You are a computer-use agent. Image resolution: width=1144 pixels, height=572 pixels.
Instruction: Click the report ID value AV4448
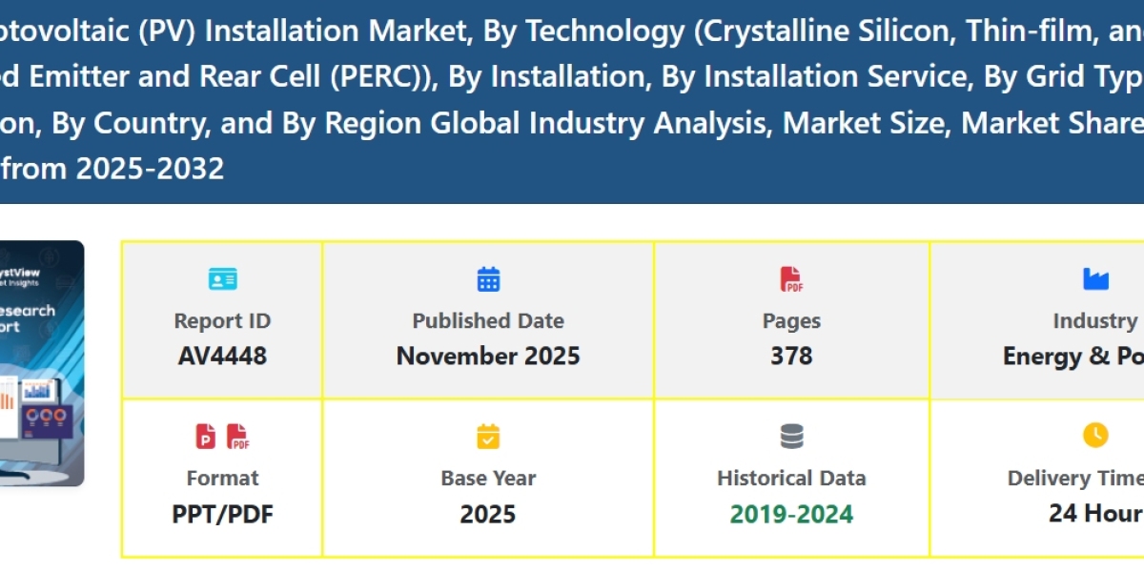(222, 357)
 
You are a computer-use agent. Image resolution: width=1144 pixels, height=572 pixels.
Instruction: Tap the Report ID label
(222, 321)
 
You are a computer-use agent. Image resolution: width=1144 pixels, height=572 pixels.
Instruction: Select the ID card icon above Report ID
(222, 279)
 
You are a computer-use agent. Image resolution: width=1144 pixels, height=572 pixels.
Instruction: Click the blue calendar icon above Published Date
(488, 279)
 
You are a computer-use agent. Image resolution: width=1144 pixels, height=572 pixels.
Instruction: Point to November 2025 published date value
(488, 357)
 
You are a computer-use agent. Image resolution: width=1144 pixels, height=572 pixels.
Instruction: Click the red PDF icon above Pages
(791, 279)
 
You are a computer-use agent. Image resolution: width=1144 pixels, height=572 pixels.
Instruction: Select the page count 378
(791, 357)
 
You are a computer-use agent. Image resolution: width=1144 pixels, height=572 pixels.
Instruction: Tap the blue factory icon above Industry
(1095, 279)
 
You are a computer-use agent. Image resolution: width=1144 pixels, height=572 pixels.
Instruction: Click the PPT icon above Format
(206, 437)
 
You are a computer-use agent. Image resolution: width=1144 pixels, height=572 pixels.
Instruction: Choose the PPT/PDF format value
(222, 514)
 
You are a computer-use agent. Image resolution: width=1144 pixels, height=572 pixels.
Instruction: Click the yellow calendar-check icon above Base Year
(488, 437)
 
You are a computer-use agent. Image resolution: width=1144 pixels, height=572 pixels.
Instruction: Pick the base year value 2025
(488, 514)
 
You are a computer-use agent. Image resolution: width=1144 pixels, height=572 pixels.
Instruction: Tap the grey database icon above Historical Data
(791, 437)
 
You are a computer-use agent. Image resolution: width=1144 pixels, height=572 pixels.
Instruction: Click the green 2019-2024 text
(791, 515)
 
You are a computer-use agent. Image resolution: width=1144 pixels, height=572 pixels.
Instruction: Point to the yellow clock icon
(1095, 436)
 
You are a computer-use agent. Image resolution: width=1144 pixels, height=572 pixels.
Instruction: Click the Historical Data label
(791, 479)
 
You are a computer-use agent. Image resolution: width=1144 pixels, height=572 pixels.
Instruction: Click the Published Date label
(488, 321)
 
